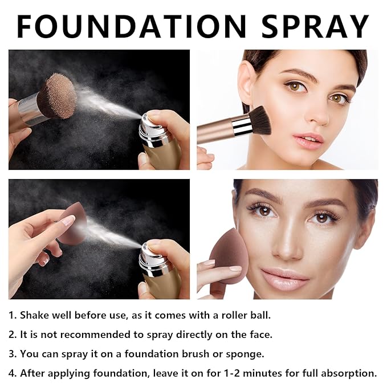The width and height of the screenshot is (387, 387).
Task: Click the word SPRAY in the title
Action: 315,26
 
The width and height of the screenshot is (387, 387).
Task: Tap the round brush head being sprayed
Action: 59,96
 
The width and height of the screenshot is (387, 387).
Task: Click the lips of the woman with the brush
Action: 308,140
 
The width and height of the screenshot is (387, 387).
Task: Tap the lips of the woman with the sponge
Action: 284,278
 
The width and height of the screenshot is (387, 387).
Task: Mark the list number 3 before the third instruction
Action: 12,354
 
